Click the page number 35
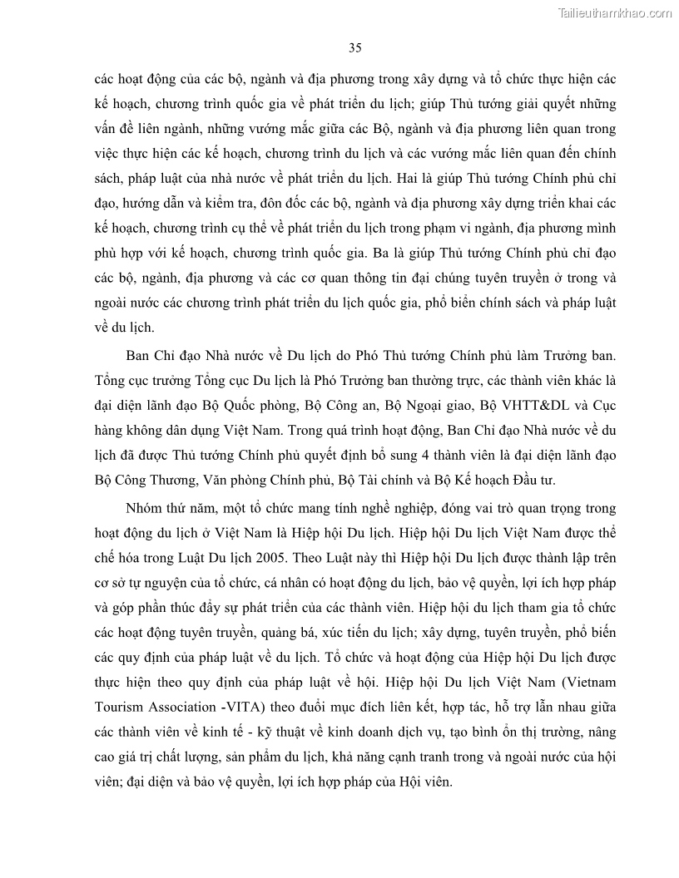tap(355, 47)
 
